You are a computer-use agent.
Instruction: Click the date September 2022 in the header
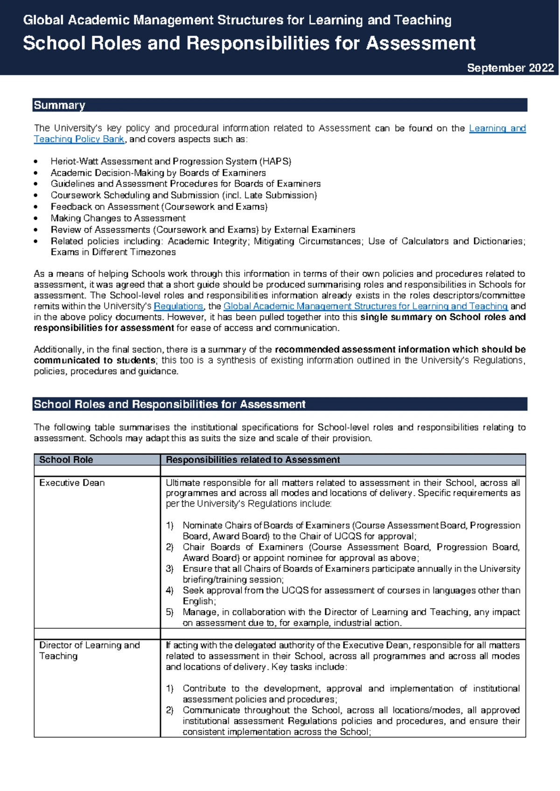point(510,68)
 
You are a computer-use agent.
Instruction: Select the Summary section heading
point(59,105)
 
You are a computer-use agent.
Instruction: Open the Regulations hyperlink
point(178,306)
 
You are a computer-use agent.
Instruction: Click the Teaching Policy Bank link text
point(79,139)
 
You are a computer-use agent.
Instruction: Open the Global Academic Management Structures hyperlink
point(365,306)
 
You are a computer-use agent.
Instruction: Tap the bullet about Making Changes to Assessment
point(118,218)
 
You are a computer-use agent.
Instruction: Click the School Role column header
point(66,460)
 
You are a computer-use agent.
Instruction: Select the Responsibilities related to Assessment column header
point(252,460)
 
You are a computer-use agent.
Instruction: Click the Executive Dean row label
point(72,483)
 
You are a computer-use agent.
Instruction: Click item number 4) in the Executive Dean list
point(169,590)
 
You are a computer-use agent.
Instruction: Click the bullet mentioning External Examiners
point(203,230)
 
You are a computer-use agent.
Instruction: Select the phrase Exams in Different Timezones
point(113,252)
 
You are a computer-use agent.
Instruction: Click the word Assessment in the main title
point(420,43)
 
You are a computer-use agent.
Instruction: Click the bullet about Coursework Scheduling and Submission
point(184,195)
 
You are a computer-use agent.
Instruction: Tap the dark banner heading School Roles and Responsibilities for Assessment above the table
point(170,404)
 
